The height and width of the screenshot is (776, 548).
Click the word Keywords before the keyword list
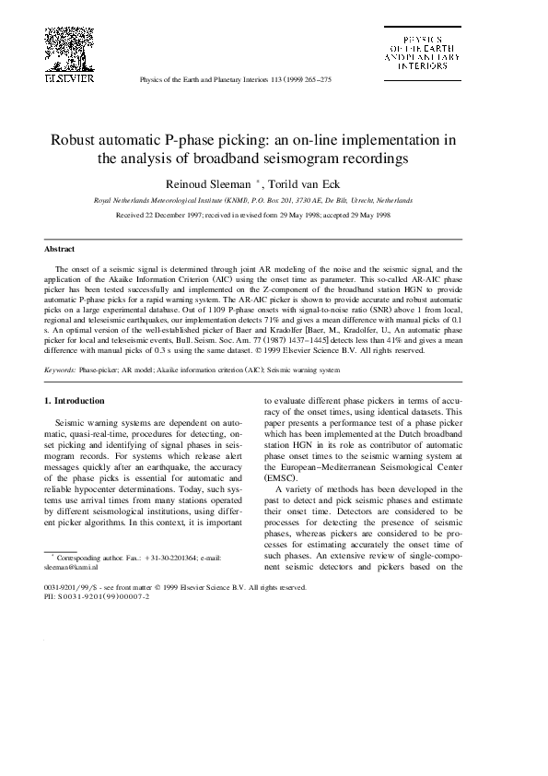[x=61, y=369]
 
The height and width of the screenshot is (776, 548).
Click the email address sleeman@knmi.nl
[x=69, y=567]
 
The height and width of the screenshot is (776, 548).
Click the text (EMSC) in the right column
[x=281, y=479]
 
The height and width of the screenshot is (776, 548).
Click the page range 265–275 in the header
[x=315, y=80]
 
